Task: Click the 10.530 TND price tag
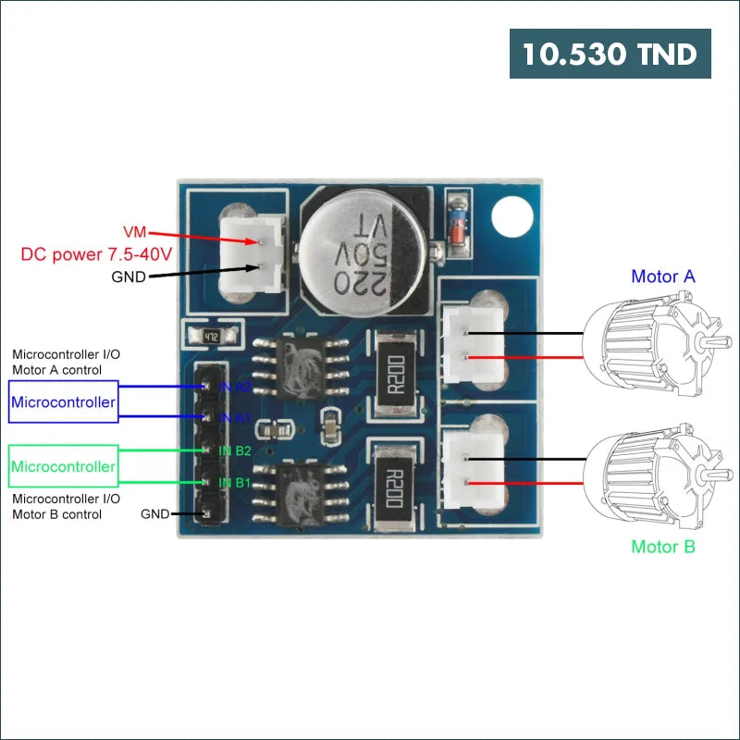(x=610, y=54)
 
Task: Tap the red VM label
(x=134, y=230)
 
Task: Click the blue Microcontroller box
(x=64, y=403)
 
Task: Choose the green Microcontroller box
(x=64, y=466)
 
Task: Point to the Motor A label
(x=663, y=276)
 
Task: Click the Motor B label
(x=663, y=547)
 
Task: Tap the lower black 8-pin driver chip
(x=301, y=491)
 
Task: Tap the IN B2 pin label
(x=234, y=450)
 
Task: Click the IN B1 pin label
(x=234, y=483)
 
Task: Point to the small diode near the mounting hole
(x=455, y=222)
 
